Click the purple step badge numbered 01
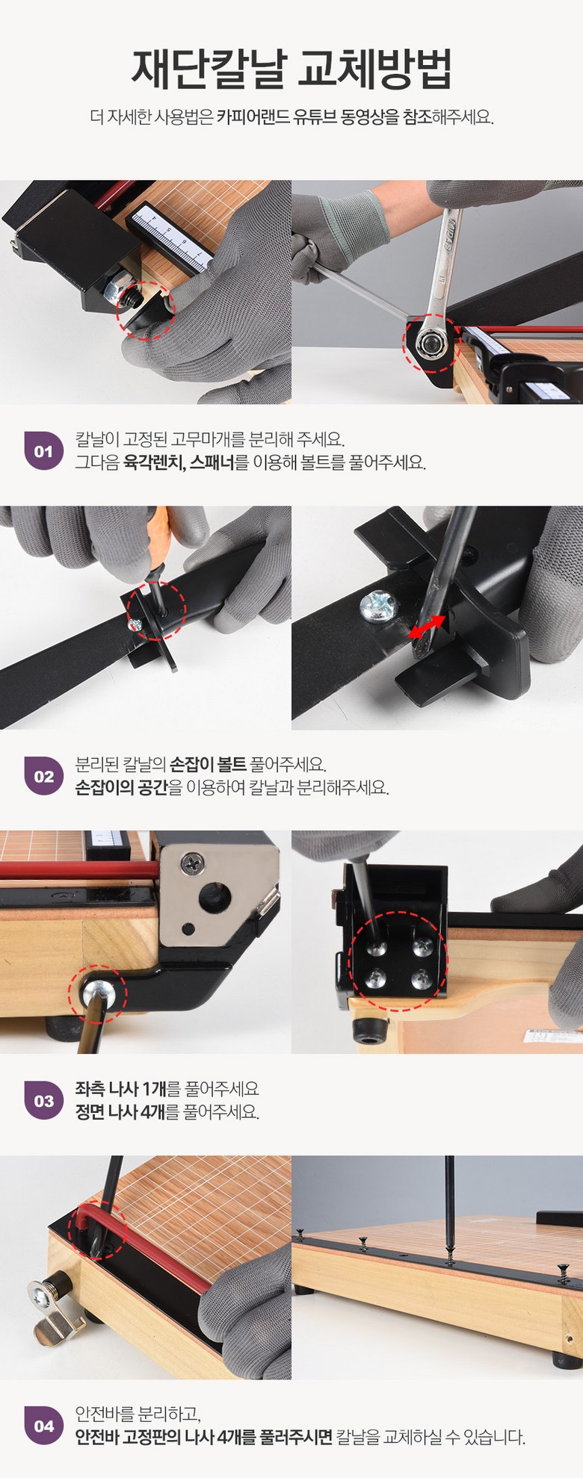[x=43, y=450]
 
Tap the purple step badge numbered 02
[x=43, y=776]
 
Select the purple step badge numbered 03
[x=43, y=1100]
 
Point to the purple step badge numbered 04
[x=43, y=1426]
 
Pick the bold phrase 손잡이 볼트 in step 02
[x=208, y=764]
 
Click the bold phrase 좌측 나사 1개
[x=120, y=1089]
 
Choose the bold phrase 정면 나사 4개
[x=120, y=1112]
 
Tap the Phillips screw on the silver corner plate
[x=193, y=863]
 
